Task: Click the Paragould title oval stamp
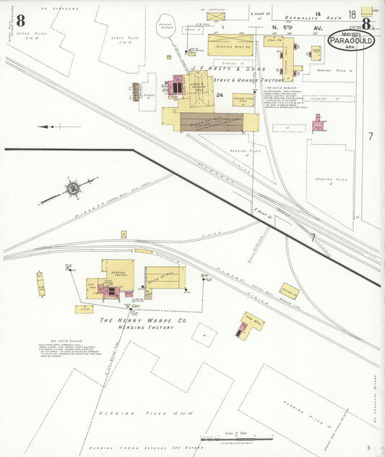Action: tap(351, 40)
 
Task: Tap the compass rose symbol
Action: tap(72, 189)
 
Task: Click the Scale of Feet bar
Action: tap(236, 438)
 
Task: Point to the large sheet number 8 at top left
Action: tap(10, 20)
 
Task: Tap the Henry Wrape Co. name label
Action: tap(144, 320)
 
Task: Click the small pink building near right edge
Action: tap(318, 124)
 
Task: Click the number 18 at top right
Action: tap(352, 14)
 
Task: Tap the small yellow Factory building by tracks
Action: tap(290, 290)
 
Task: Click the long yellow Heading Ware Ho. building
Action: tap(230, 45)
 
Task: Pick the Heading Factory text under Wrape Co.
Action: tap(147, 328)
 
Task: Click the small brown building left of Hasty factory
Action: tap(136, 91)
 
